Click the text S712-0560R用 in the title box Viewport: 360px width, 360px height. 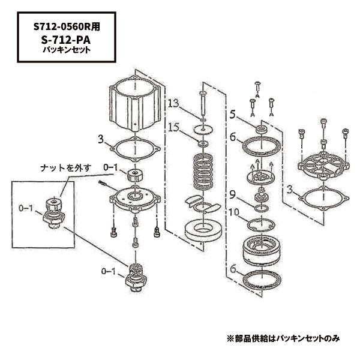(x=66, y=27)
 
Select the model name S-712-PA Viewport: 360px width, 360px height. (x=66, y=40)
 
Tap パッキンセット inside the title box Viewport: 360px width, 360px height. (x=66, y=50)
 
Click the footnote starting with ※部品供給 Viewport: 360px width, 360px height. (x=283, y=338)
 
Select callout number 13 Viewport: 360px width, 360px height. (x=173, y=104)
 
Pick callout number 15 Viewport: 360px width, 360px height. (x=173, y=127)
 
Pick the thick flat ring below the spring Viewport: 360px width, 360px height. (x=202, y=229)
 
